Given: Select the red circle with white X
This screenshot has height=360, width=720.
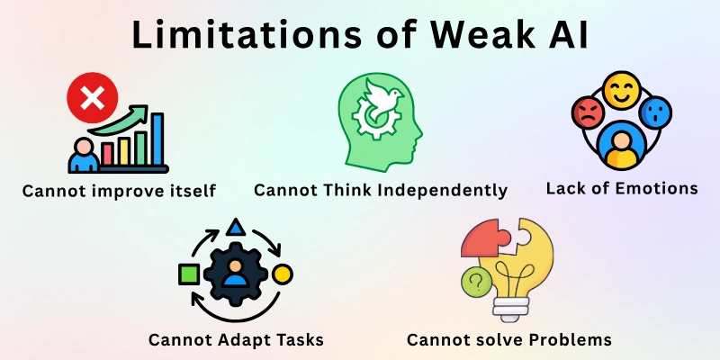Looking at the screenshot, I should click(91, 100).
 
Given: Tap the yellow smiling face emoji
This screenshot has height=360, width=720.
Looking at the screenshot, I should click(619, 91).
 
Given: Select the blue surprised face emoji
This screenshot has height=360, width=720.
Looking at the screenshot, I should click(655, 114).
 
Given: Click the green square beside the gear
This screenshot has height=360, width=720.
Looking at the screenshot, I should click(189, 273).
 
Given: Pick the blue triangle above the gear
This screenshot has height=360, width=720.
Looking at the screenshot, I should click(235, 226).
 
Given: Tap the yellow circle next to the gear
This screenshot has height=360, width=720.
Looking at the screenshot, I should click(282, 273).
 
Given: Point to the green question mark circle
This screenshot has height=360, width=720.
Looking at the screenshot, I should click(474, 282).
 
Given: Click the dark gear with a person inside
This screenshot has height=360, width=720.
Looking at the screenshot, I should click(235, 273).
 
